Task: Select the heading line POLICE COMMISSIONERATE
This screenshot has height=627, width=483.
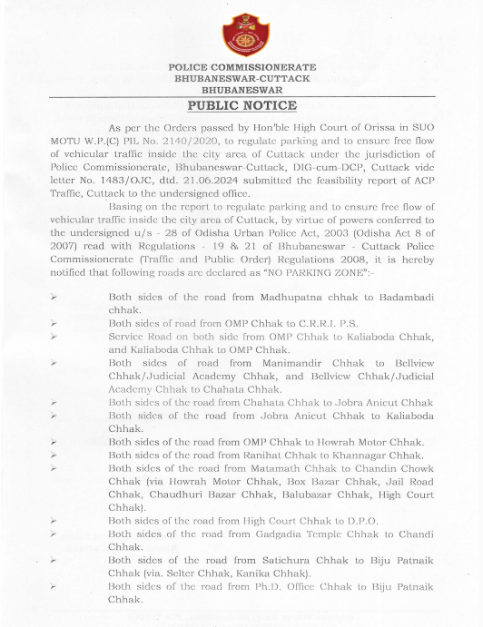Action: click(x=241, y=69)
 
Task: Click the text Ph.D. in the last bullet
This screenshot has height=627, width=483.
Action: click(x=281, y=587)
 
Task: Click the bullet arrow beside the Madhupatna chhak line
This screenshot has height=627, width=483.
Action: click(x=54, y=297)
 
